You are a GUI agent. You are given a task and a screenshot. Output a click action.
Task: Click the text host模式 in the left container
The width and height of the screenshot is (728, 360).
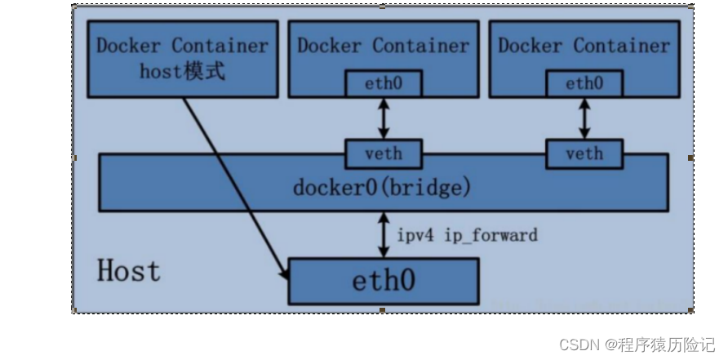[182, 71]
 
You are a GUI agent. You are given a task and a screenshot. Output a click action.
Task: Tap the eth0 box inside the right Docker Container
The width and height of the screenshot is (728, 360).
[584, 82]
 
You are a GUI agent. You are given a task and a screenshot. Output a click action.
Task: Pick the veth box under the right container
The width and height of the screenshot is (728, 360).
[584, 153]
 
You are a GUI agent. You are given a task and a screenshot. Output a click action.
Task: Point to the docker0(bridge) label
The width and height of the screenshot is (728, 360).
[382, 187]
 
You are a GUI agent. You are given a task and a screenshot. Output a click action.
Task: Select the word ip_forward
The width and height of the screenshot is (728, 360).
[491, 235]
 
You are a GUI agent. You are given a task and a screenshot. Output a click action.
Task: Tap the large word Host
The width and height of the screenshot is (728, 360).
[129, 270]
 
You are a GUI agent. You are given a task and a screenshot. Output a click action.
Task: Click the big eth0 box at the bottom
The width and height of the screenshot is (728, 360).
[383, 281]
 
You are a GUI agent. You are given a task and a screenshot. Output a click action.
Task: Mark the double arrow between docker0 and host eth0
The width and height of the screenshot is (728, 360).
[383, 234]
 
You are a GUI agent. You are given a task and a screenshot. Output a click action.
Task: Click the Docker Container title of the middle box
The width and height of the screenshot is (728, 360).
[383, 46]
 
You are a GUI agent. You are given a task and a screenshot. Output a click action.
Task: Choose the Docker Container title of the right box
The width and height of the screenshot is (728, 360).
[584, 46]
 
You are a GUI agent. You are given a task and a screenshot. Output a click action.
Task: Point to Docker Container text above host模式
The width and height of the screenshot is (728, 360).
[182, 46]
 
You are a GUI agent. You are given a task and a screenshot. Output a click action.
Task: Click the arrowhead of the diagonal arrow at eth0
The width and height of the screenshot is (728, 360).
[286, 274]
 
